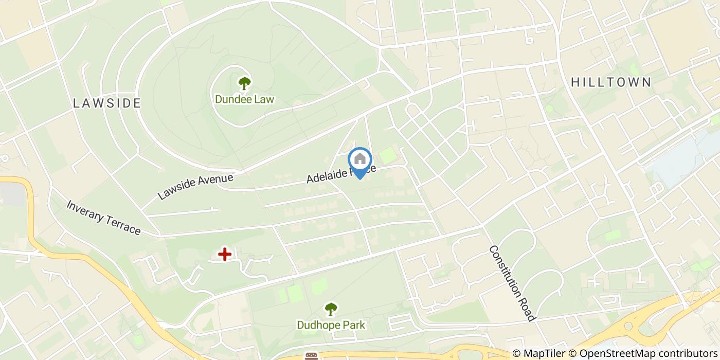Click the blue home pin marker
pos(360,160)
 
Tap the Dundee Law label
pos(244,99)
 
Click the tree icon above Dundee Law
pos(244,83)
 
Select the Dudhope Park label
pos(331,325)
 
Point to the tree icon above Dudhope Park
pos(331,309)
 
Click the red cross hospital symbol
pos(224,254)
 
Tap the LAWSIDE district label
pos(107,103)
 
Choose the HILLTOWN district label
pos(611,82)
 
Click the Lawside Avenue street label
pos(195,186)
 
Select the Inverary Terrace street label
pos(103,218)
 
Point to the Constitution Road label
pos(512,283)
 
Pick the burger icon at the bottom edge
pos(311,356)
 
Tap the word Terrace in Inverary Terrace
pos(122,225)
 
